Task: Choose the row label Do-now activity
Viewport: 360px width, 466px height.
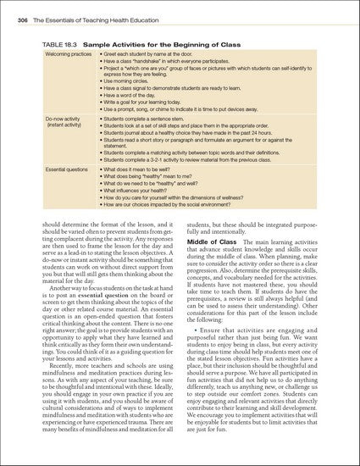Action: pyautogui.click(x=62, y=120)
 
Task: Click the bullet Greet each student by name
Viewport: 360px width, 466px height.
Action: pyautogui.click(x=153, y=53)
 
